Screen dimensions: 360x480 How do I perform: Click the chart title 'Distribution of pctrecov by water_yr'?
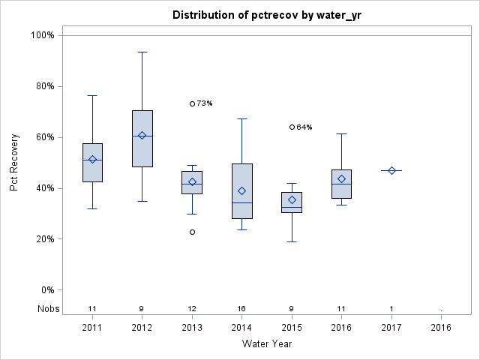point(266,15)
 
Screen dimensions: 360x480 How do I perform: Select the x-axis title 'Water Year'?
point(266,343)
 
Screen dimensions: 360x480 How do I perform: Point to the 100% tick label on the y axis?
point(42,35)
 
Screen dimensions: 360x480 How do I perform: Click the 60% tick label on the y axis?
point(43,137)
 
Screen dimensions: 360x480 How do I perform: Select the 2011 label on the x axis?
point(92,328)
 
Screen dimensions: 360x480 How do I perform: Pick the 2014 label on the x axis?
point(242,328)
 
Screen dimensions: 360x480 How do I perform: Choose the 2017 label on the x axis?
point(391,328)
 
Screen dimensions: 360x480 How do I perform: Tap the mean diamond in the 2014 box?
point(242,191)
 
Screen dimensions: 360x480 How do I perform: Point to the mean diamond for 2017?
point(391,170)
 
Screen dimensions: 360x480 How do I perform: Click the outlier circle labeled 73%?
point(192,103)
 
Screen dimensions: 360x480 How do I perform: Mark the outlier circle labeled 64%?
point(292,127)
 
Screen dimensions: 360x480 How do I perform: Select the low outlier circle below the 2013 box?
point(192,232)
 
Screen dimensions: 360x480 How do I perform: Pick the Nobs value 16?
point(242,309)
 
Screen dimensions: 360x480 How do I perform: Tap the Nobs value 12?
point(192,309)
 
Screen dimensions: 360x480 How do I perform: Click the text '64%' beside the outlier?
point(304,127)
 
